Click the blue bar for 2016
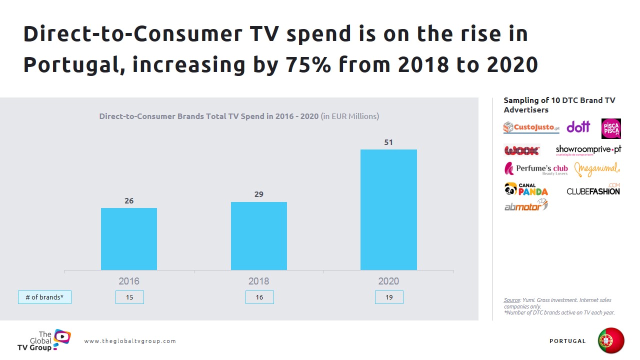coord(129,239)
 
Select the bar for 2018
coord(259,236)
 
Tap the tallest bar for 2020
coord(388,210)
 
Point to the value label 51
coord(388,142)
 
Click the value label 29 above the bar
coord(259,194)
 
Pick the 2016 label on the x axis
coord(129,281)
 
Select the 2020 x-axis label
coord(388,281)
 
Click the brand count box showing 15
coord(129,297)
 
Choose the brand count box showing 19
coord(389,297)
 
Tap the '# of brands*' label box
coord(44,297)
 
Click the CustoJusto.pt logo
coord(531,127)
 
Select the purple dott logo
coord(578,127)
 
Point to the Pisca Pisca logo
coord(611,128)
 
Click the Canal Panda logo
coord(526,189)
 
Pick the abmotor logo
coord(526,205)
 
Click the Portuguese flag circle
coord(611,341)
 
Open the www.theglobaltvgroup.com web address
coord(130,341)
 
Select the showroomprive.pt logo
coord(588,150)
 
